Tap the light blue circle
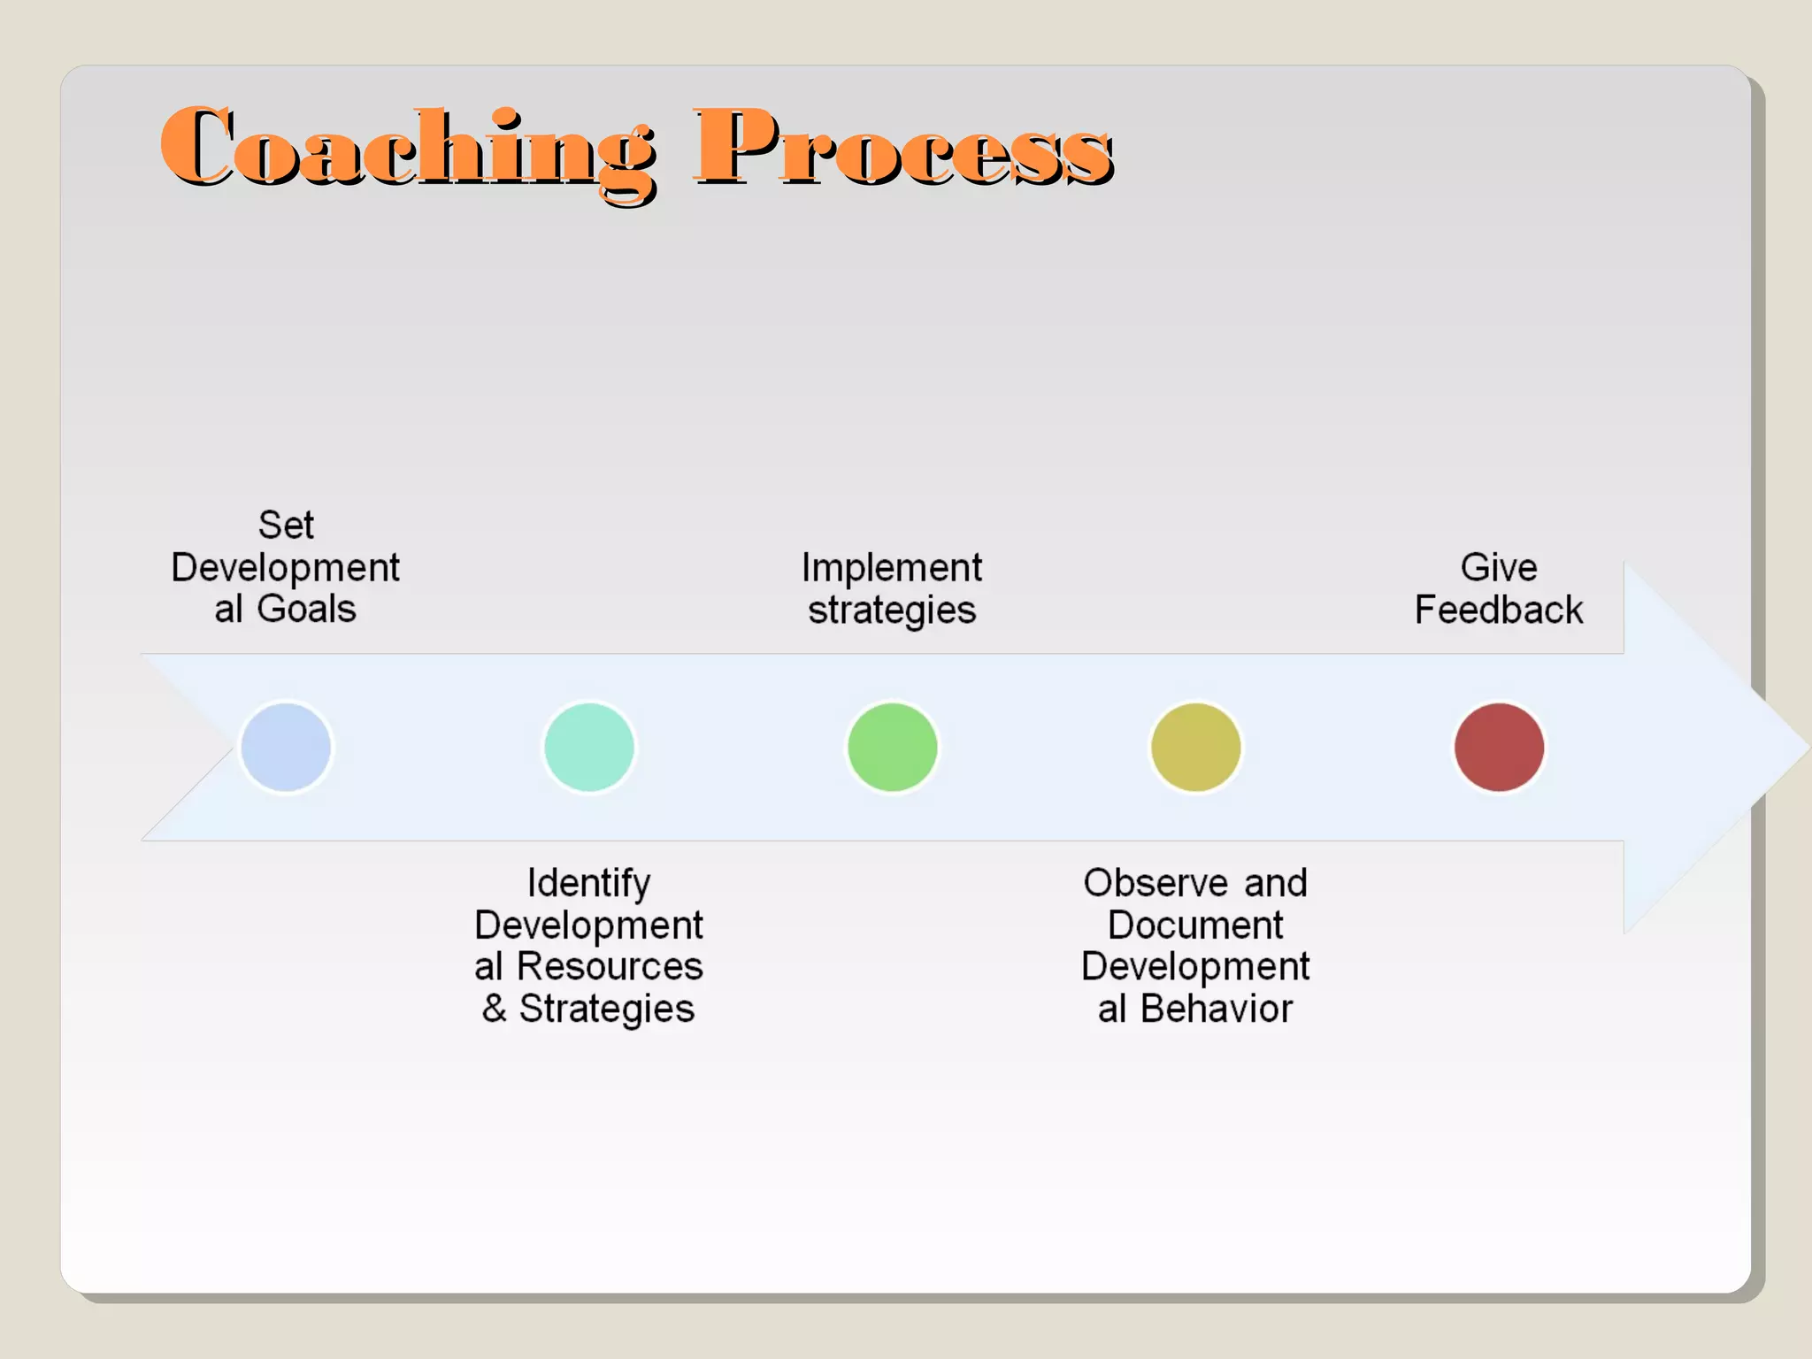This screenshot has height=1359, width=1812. tap(286, 748)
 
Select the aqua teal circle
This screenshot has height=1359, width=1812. tap(589, 748)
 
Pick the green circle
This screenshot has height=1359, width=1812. tap(892, 748)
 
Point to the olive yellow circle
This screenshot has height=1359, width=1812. tap(1195, 748)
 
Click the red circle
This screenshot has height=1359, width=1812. tap(1499, 748)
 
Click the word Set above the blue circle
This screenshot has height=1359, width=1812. tap(286, 526)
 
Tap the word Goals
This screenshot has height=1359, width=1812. tap(306, 609)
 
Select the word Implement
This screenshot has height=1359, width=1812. tap(892, 568)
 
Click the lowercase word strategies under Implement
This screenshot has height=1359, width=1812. tap(892, 610)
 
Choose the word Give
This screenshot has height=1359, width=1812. tap(1499, 568)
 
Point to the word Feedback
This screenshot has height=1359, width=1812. tap(1499, 610)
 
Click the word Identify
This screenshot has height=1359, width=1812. tap(589, 883)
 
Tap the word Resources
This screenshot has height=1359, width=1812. tap(610, 966)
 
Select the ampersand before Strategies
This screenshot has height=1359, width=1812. tap(495, 1009)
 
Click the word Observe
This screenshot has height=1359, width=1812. tap(1156, 883)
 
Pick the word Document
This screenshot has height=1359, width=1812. tap(1195, 925)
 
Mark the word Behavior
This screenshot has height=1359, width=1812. tap(1217, 1009)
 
